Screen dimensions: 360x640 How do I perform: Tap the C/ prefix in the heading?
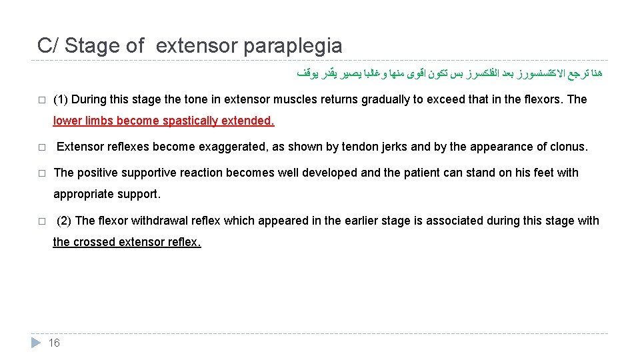point(47,45)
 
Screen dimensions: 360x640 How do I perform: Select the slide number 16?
point(55,343)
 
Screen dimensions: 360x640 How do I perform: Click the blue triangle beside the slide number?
point(36,343)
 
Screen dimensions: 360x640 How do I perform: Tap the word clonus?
point(569,147)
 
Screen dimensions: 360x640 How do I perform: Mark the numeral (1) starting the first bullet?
point(61,99)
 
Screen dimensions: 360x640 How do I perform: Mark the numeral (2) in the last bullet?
point(65,221)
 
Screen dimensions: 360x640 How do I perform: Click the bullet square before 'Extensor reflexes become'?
point(41,147)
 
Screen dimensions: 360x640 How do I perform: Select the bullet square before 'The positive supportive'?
point(41,173)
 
